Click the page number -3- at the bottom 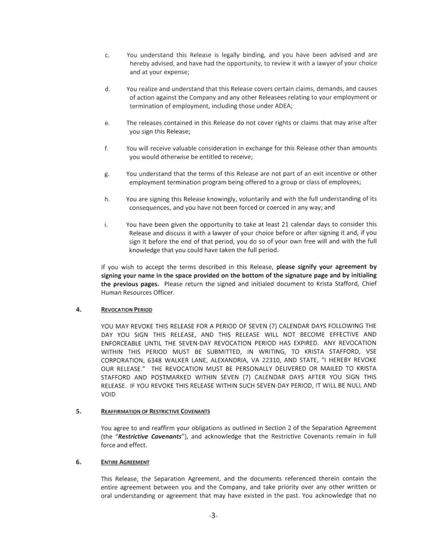[213, 516]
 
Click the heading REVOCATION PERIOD [126, 310]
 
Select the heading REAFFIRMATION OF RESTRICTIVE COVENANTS [155, 412]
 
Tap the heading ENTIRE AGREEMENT [125, 462]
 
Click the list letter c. [106, 55]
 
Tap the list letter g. [106, 174]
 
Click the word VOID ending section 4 [108, 394]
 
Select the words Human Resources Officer [138, 293]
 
